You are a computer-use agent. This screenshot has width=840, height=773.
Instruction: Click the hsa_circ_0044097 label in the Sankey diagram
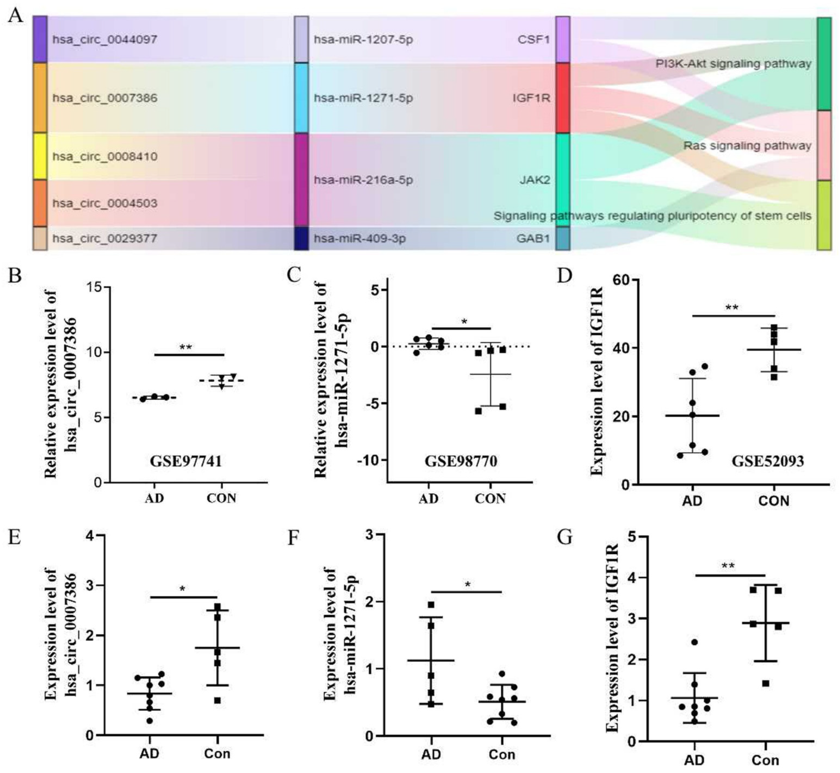click(105, 40)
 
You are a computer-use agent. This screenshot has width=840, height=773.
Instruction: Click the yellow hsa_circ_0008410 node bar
click(40, 156)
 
